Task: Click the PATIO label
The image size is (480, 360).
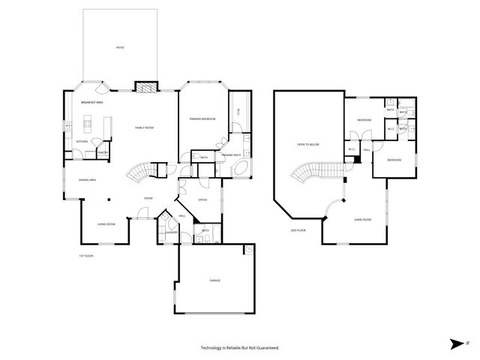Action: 120,47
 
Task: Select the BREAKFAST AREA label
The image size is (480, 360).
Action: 91,102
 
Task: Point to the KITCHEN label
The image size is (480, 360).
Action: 82,141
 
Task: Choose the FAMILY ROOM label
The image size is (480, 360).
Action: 144,128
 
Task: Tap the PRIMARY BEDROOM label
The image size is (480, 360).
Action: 202,119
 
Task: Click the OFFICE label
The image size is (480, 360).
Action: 202,200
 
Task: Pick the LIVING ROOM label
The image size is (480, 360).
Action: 106,223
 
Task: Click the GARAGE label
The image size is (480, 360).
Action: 214,280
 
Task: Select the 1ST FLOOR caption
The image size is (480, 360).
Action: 86,256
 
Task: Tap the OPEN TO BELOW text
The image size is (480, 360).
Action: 308,144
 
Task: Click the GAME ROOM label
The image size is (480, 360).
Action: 363,220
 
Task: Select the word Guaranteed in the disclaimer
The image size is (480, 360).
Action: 263,348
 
